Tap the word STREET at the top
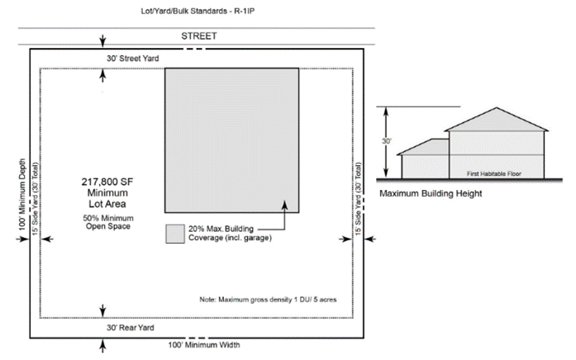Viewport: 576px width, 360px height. click(x=198, y=36)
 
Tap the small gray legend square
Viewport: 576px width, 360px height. click(x=174, y=234)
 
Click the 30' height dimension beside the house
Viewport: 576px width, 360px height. click(x=385, y=141)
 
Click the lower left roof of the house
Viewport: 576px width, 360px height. click(x=424, y=146)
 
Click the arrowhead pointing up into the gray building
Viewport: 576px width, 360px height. click(x=283, y=203)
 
